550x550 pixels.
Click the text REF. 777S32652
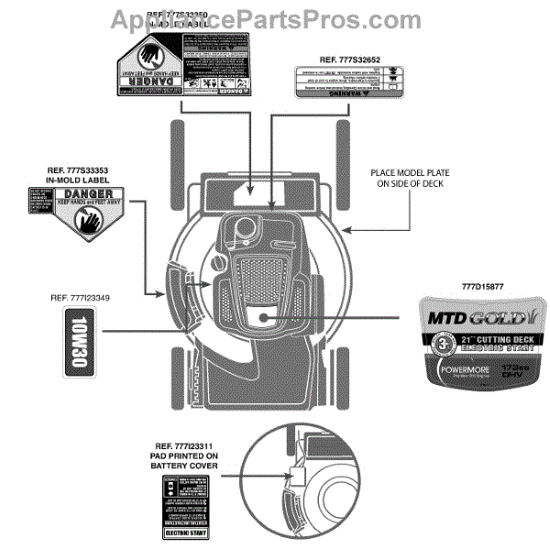click(x=349, y=60)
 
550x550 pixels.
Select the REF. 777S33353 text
click(x=82, y=170)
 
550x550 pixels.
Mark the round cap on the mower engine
click(x=247, y=226)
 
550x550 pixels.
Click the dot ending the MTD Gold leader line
click(x=263, y=318)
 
